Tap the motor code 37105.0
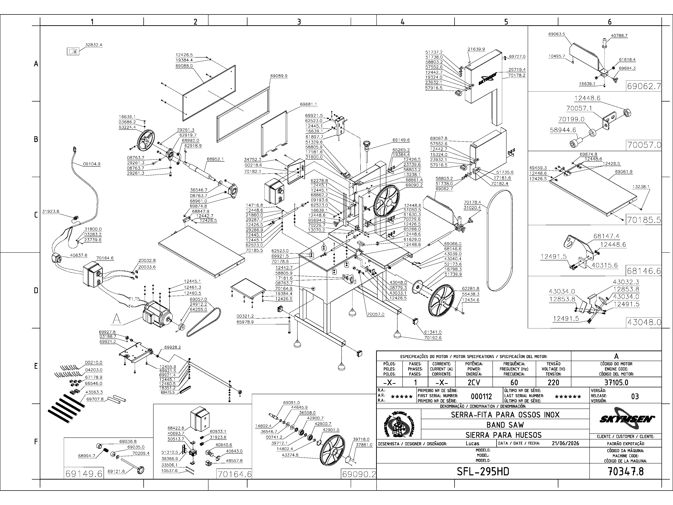coord(616,382)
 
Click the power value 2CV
coord(474,382)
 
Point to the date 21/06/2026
coord(565,443)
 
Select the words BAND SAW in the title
coord(505,425)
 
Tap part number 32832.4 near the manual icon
coord(94,45)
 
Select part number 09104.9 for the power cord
coord(92,164)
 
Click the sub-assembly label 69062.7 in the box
coord(644,86)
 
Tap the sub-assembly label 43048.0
coord(644,322)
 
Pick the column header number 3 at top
coord(299,22)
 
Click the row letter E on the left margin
coord(36,366)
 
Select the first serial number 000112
coord(481,396)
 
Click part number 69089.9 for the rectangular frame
coord(279,76)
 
